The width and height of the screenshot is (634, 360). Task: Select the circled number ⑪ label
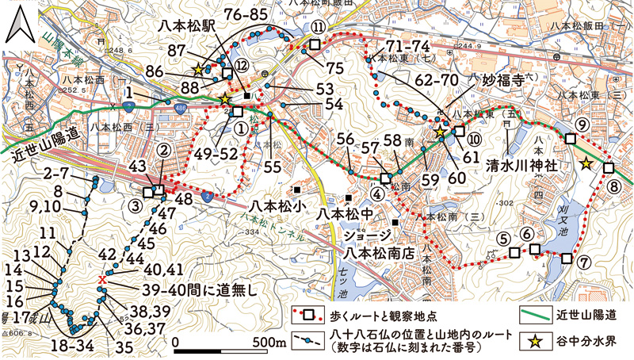(x=317, y=27)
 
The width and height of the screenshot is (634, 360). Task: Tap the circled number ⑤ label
(x=502, y=236)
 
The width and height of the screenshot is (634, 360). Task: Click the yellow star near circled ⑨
(x=586, y=163)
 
